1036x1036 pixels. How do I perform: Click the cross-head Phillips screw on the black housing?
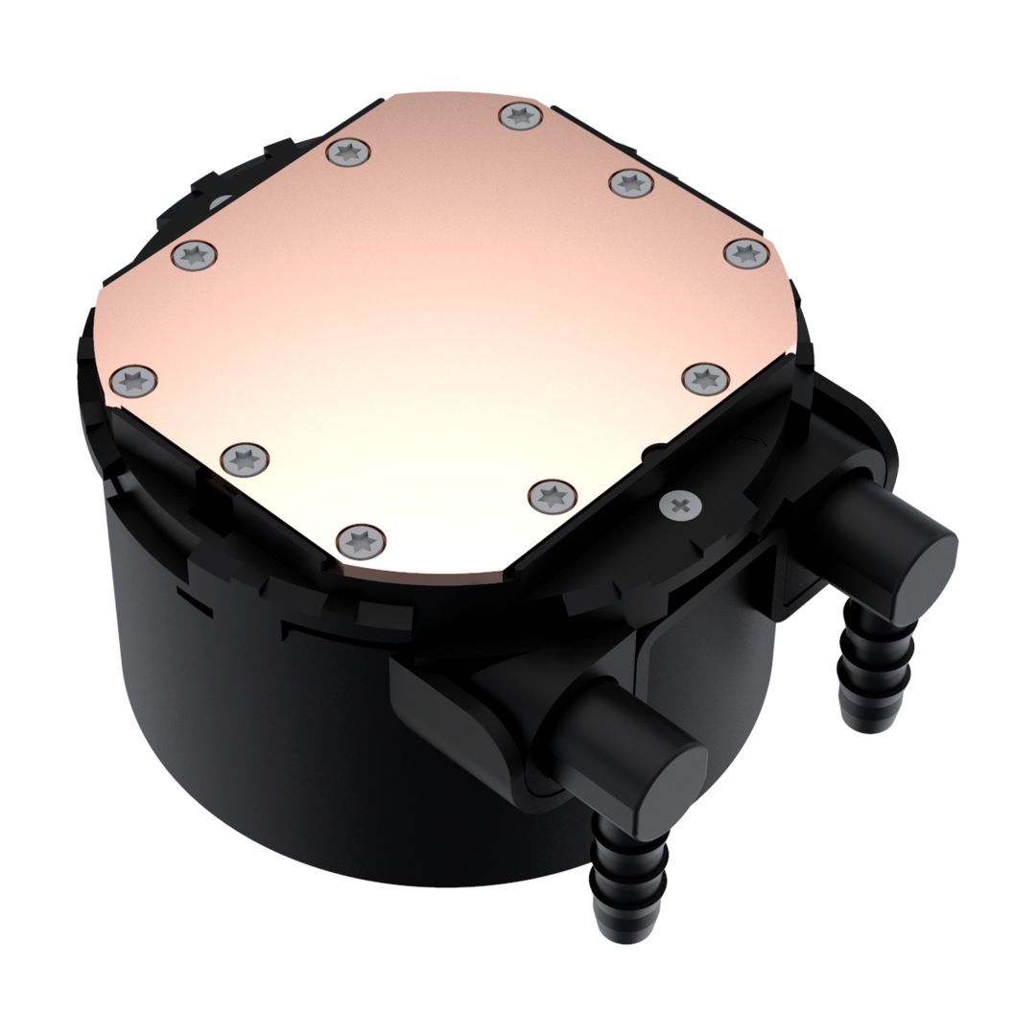[680, 503]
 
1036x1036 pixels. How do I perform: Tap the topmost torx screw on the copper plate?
[521, 117]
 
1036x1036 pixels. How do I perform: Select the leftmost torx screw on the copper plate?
[133, 380]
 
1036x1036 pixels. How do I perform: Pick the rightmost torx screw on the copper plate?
[746, 253]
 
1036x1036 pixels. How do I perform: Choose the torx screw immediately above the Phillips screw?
[705, 378]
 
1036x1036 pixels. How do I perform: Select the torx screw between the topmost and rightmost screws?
[631, 182]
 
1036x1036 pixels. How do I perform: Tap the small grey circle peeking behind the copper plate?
[220, 202]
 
